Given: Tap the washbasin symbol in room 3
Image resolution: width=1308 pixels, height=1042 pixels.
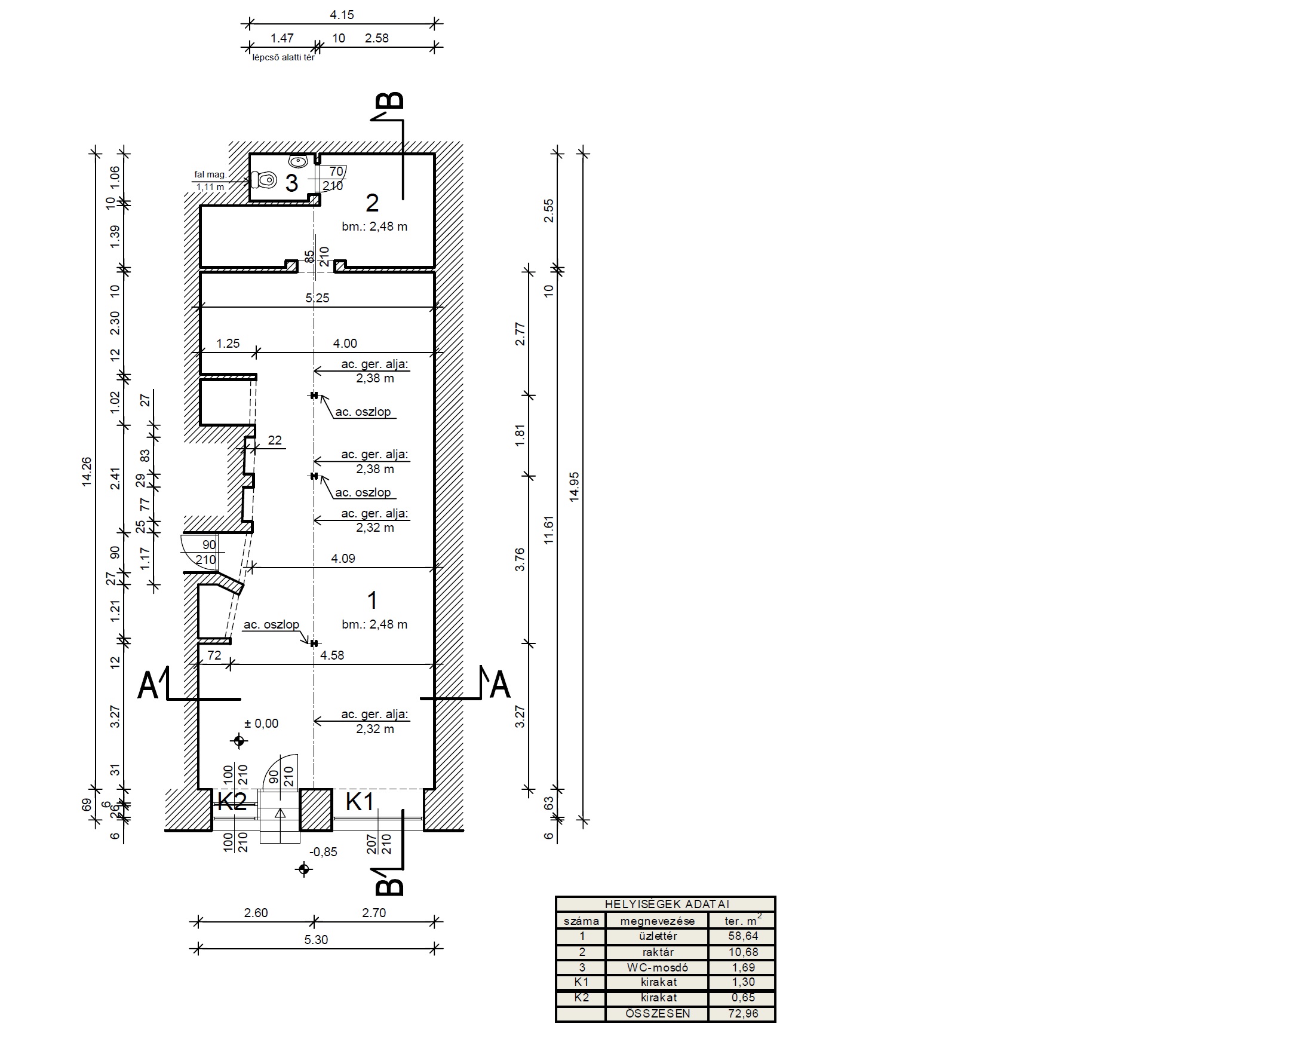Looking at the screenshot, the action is pos(298,161).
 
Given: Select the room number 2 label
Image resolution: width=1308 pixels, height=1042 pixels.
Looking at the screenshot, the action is pos(372,203).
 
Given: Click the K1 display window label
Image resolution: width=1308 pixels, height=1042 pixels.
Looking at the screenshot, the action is pos(360,802).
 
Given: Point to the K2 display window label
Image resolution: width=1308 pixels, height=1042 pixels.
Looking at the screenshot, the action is pos(232,802).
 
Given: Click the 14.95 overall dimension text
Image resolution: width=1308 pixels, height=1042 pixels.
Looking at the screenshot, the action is pos(574,487).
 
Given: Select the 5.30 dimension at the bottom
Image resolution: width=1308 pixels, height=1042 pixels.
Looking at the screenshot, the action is pos(315,940).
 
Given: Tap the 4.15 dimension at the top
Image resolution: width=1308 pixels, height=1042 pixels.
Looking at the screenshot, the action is pos(342,15).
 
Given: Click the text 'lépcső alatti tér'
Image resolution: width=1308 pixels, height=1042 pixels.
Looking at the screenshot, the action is pos(283,57).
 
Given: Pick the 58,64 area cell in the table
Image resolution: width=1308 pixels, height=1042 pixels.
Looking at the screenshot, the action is pos(743,936).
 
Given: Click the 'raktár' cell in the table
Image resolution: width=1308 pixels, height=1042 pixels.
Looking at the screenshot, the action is pos(658,952).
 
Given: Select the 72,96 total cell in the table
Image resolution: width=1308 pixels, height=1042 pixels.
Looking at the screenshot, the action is pos(743,1013).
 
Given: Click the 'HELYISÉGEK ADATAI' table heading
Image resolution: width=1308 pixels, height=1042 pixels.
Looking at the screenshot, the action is pos(667,904).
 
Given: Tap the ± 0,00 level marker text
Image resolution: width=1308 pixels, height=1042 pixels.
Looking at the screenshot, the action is pos(262,724).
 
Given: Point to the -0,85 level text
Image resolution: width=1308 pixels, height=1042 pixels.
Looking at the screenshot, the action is pos(323,852).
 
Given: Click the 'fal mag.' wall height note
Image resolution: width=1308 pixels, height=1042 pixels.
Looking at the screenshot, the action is pos(210,175).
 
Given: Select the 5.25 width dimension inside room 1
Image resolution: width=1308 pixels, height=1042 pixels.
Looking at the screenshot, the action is pos(317,298).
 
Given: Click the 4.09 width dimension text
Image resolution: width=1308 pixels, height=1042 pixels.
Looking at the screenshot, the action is pos(343,559).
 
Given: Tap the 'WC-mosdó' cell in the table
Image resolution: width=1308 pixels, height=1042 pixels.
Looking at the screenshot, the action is pos(658,968).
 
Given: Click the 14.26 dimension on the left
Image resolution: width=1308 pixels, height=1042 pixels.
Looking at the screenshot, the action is pos(87,471).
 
